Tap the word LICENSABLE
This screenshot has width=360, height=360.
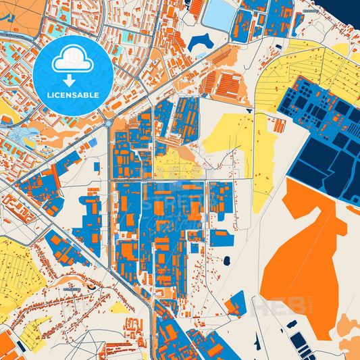pos(73,95)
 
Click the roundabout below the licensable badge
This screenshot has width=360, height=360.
pos(107,124)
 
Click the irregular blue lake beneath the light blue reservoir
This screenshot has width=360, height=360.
pos(201,43)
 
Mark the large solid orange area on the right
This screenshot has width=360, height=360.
pos(311,250)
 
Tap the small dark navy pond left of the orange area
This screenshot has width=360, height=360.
pos(226,260)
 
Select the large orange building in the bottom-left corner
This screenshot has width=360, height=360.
pos(6,344)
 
